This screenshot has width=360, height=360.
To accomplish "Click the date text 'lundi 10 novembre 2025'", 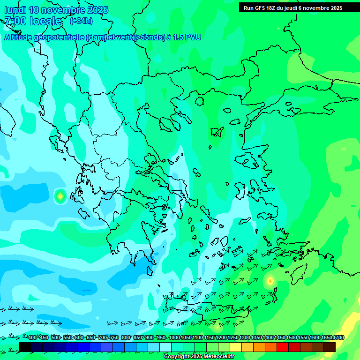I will [x=56, y=10].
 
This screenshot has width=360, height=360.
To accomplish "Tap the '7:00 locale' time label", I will [x=33, y=21].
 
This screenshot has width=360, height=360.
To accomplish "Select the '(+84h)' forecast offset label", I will [x=81, y=21].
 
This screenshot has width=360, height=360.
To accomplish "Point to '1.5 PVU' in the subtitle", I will [x=187, y=37].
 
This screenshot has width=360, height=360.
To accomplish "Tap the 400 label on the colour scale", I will [x=32, y=337].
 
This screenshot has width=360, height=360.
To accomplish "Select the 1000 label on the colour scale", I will [x=174, y=337].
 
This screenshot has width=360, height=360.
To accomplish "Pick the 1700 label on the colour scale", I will [x=338, y=337].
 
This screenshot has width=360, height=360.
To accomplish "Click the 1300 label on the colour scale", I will [x=245, y=337].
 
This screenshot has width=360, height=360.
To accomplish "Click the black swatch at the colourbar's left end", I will [x=25, y=347].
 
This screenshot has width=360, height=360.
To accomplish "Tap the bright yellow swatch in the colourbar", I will [x=236, y=347].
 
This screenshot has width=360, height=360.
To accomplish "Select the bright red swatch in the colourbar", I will [x=283, y=347].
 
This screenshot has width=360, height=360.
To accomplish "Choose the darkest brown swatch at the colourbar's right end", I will [x=330, y=347].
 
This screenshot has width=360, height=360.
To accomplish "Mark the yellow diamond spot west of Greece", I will [x=60, y=196].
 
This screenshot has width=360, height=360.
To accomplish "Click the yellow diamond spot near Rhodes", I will [x=270, y=281].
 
